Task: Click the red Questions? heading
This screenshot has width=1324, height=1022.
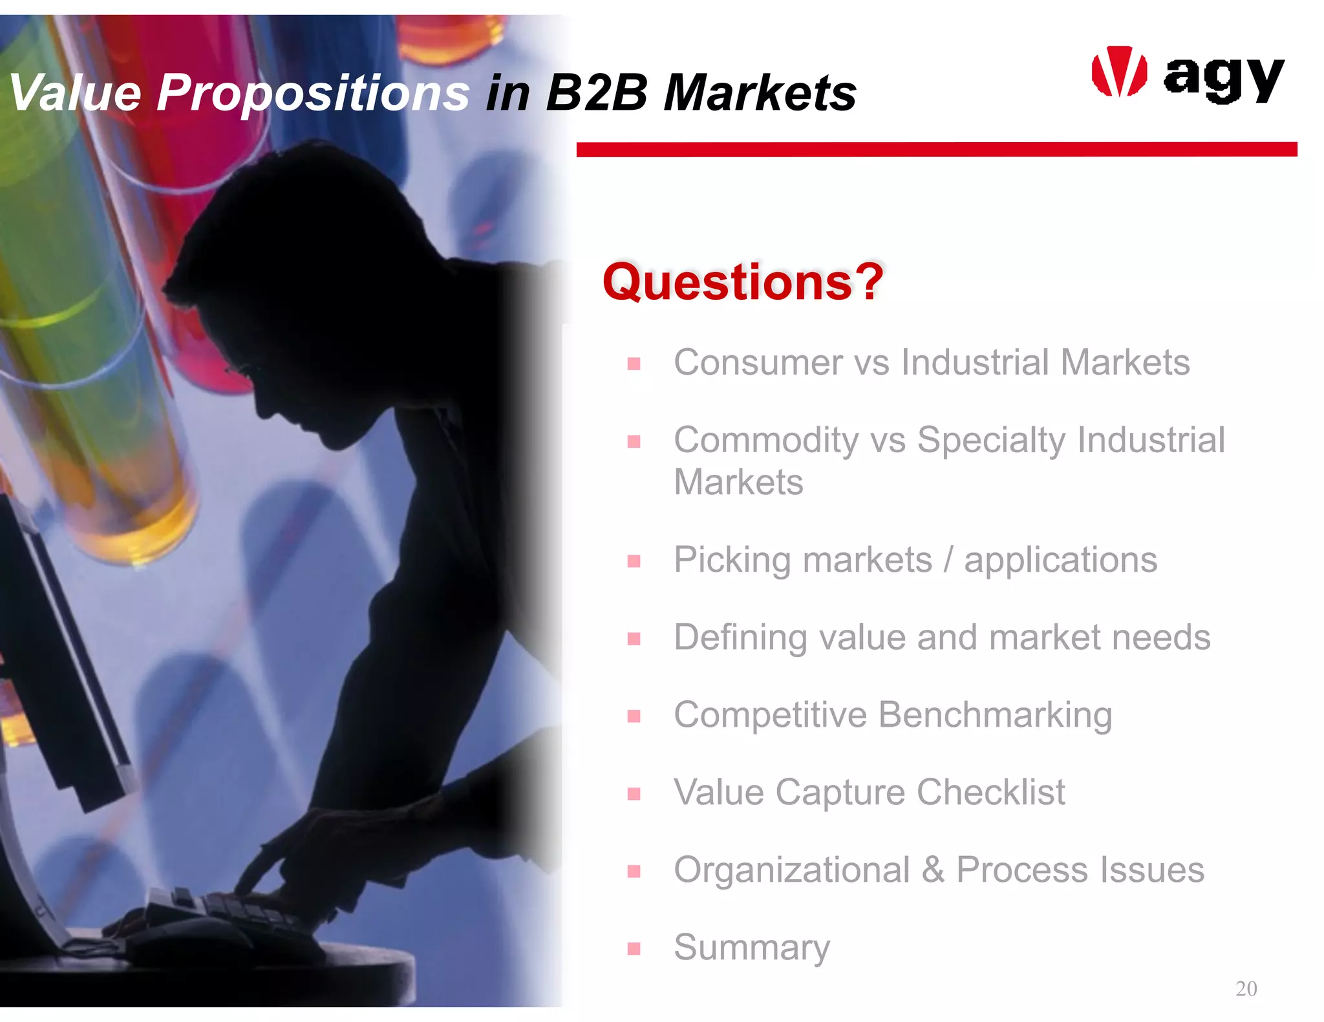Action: pyautogui.click(x=742, y=282)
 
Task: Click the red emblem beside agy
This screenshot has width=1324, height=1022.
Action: pyautogui.click(x=1119, y=72)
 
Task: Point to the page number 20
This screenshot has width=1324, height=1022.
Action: pyautogui.click(x=1246, y=988)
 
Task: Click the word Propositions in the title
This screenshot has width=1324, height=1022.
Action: pyautogui.click(x=313, y=92)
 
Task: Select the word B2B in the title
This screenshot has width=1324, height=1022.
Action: pyautogui.click(x=596, y=92)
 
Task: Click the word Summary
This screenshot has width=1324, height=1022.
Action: pyautogui.click(x=751, y=947)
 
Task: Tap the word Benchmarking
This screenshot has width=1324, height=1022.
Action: pyautogui.click(x=995, y=714)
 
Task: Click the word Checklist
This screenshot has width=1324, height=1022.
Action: pyautogui.click(x=990, y=792)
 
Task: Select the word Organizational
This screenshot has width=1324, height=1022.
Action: pyautogui.click(x=792, y=870)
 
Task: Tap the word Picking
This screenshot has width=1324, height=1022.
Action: pyautogui.click(x=732, y=560)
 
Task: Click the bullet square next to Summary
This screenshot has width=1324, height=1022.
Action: pyautogui.click(x=634, y=948)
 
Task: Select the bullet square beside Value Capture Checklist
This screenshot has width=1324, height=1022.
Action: pyautogui.click(x=634, y=793)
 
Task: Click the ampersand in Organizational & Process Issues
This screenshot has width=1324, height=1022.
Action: pyautogui.click(x=932, y=870)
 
